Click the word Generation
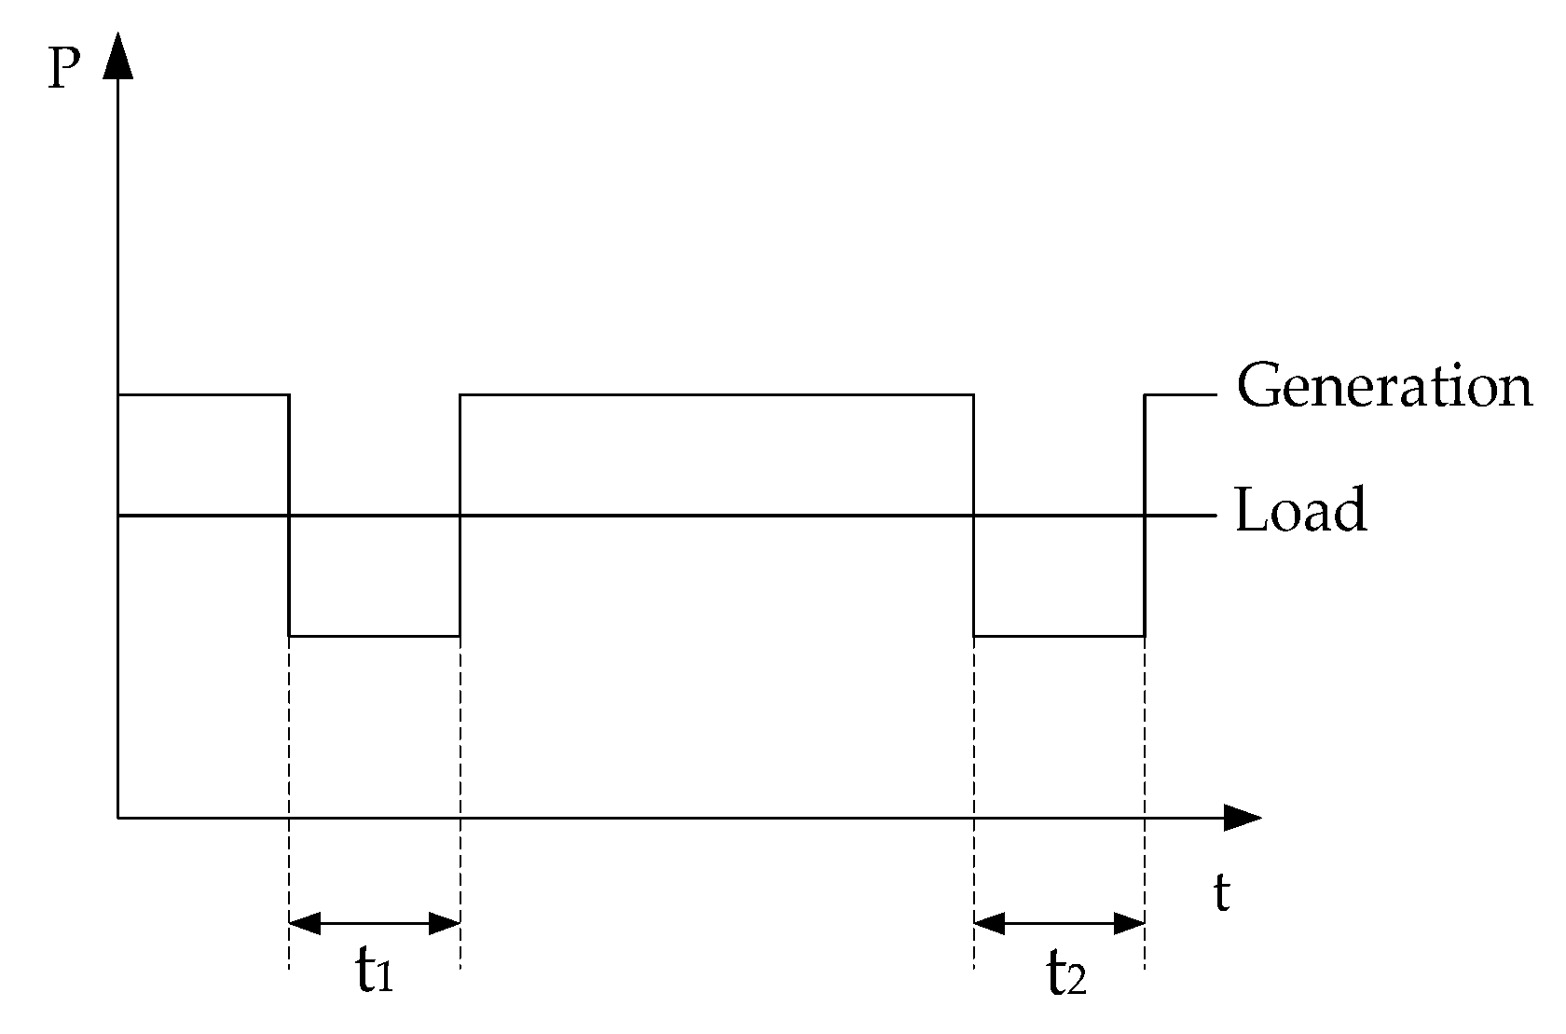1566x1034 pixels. pos(1383,385)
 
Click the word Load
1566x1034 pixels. pos(1300,510)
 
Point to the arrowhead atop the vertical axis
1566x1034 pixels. pos(118,56)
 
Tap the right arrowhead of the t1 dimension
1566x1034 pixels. pos(445,924)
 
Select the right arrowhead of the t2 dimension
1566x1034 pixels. pos(1129,924)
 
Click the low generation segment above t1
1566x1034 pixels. pos(375,636)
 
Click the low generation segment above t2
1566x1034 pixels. pos(1059,636)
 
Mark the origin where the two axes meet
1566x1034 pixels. pos(118,818)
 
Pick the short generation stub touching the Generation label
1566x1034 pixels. pos(1180,395)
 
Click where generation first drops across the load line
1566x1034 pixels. pos(290,515)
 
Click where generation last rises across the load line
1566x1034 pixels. pos(1145,515)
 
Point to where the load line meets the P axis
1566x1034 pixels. pos(118,515)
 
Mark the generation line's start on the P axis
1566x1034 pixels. pos(118,395)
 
